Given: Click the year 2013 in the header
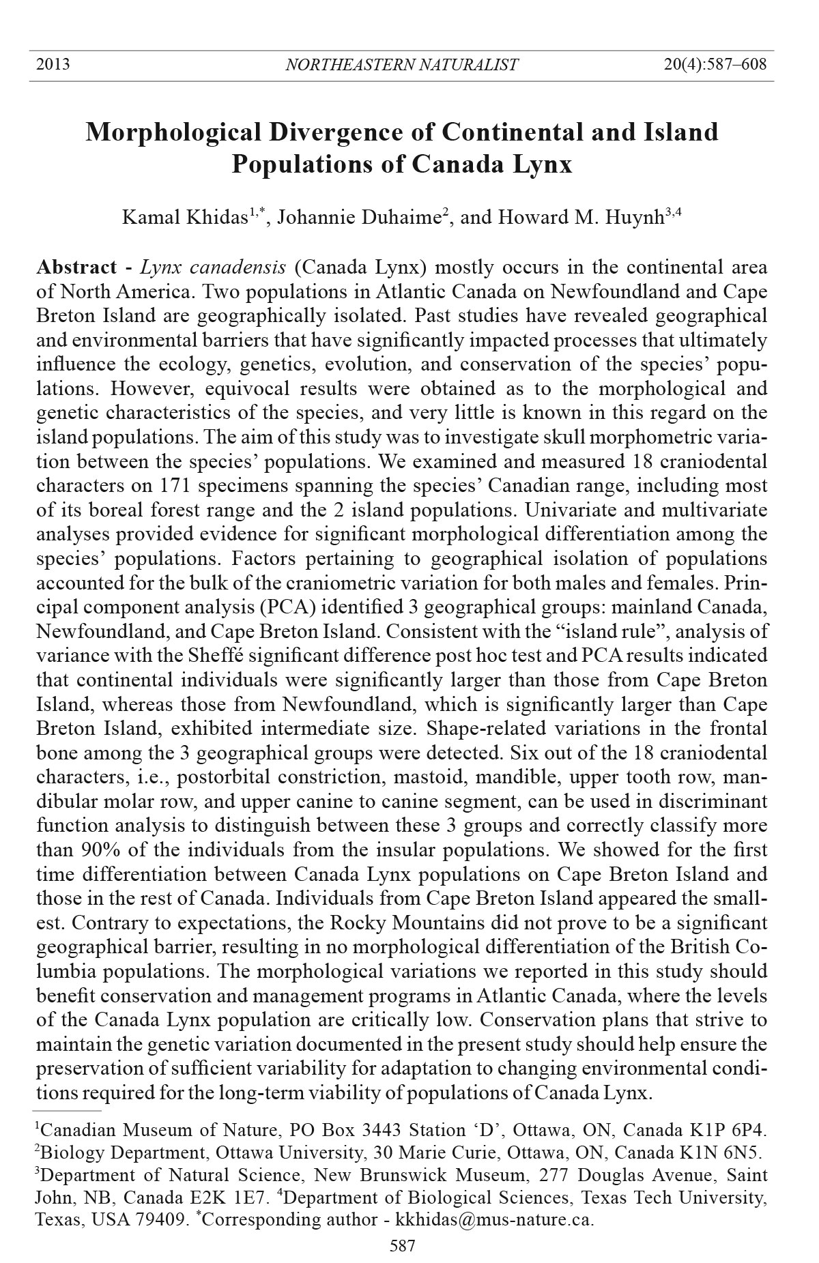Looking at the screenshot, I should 53,65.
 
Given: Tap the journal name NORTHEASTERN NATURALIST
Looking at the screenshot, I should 401,66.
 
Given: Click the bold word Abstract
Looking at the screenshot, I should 76,267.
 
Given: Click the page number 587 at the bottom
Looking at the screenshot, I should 403,1247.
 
